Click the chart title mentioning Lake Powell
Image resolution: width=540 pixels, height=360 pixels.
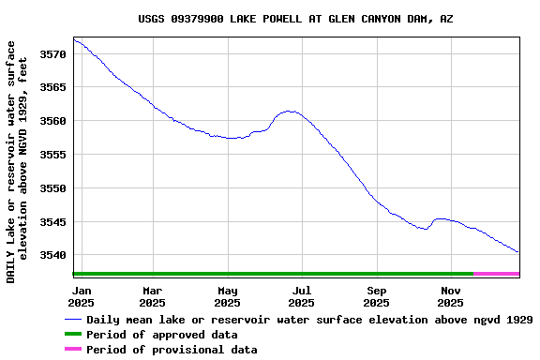coord(295,19)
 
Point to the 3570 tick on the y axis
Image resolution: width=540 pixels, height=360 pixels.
coord(53,54)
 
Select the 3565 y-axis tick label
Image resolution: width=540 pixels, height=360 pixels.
coord(53,88)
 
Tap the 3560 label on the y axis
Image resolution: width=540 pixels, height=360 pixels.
coord(53,122)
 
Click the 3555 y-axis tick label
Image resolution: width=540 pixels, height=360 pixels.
coord(53,155)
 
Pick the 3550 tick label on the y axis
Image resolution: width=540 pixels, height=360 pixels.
coord(53,188)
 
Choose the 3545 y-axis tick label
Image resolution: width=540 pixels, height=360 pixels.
coord(53,222)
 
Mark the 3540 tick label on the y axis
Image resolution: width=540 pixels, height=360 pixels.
coord(53,255)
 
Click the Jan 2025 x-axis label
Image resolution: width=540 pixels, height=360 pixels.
coord(82,296)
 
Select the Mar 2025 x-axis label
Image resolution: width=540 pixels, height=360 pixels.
coord(152,296)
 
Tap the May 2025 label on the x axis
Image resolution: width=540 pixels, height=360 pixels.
coord(227,296)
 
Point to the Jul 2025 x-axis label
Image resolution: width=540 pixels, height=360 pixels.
coord(301,296)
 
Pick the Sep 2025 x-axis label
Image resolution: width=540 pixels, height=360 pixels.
coord(376,296)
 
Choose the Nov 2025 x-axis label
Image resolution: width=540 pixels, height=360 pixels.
coord(451,296)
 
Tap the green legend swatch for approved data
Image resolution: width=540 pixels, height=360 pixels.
coord(72,335)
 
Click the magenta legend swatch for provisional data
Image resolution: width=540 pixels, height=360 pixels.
coord(72,350)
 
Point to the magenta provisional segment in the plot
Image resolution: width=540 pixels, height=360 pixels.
coord(497,274)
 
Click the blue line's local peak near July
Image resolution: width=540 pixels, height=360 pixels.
coord(292,112)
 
